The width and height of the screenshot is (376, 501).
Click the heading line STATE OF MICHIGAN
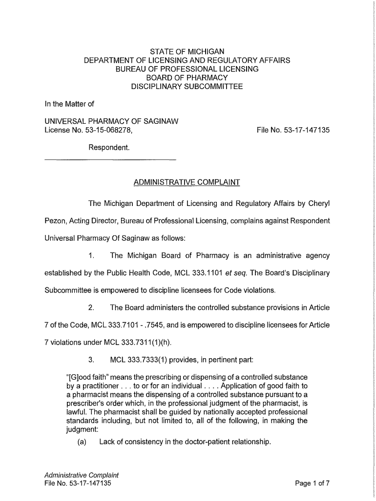click(x=187, y=51)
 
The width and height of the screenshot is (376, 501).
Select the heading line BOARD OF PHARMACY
click(x=187, y=78)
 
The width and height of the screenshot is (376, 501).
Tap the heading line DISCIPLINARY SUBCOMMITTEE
click(x=187, y=87)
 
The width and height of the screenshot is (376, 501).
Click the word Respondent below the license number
click(x=109, y=147)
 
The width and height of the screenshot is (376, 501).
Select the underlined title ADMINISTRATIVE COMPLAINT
click(x=187, y=182)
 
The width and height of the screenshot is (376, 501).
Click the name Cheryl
click(x=319, y=203)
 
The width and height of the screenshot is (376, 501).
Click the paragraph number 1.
click(x=91, y=255)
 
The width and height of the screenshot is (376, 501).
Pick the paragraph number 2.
click(x=91, y=308)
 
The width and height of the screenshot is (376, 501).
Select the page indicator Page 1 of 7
click(x=313, y=484)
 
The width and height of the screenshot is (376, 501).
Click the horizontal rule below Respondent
click(x=110, y=160)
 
